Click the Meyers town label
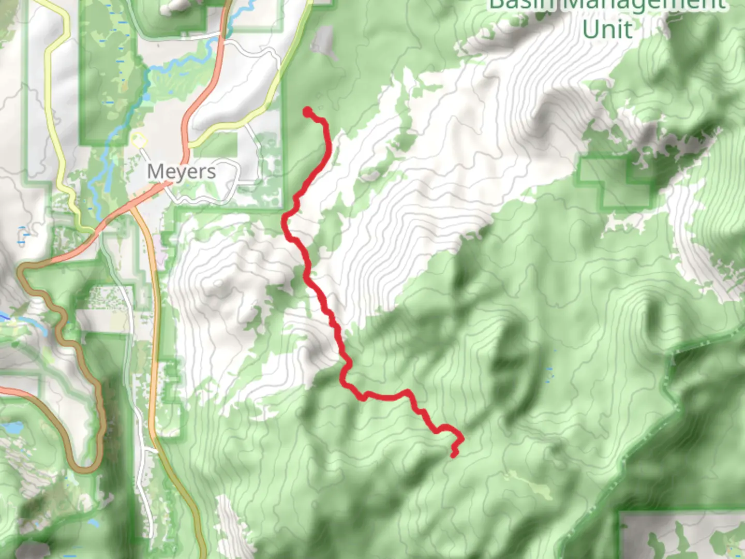182,171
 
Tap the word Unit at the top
607,29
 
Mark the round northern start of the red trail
308,112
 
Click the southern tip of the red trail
454,454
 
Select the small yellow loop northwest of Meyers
137,140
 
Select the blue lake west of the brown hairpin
12,428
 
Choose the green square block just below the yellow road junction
217,144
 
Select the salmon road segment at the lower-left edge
21,391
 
